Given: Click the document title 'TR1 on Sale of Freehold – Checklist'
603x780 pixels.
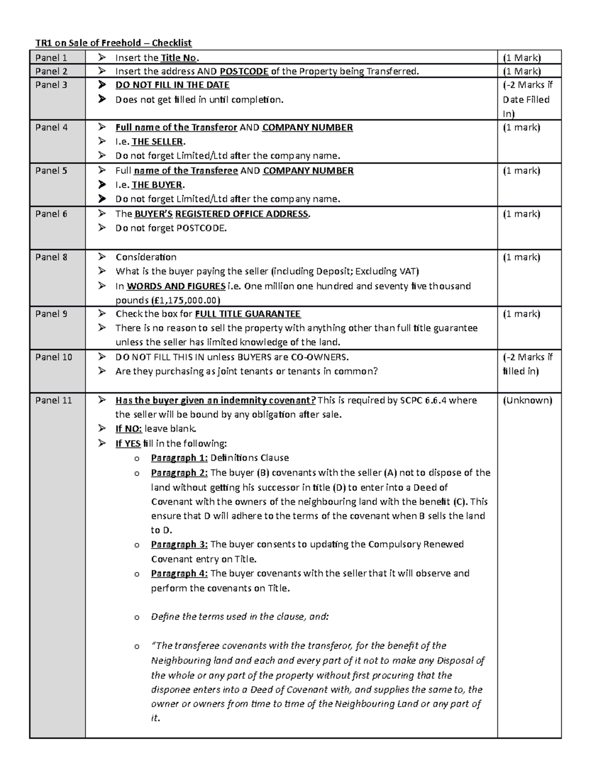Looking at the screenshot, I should [x=113, y=43].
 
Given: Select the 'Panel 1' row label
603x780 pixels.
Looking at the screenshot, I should [x=51, y=58].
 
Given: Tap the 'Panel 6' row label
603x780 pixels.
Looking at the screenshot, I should [x=51, y=214].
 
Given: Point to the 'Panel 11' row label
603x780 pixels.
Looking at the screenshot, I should [x=53, y=400].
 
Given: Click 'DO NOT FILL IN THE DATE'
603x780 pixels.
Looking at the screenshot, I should [x=172, y=85].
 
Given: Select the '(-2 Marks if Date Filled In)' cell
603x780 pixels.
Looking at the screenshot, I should [x=527, y=99].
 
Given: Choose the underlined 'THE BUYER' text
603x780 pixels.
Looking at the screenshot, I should [x=157, y=185].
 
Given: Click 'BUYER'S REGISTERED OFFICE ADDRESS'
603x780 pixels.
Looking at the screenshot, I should [x=222, y=214].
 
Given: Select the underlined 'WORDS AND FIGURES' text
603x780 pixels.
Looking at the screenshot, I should [x=176, y=286].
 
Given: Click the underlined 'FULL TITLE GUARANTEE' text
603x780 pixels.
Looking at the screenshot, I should [x=248, y=314].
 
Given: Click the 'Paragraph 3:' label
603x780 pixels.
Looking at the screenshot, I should [x=179, y=544].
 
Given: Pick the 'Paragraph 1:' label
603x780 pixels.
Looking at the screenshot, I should [x=179, y=458].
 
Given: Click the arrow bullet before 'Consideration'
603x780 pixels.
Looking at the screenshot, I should [x=103, y=257].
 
